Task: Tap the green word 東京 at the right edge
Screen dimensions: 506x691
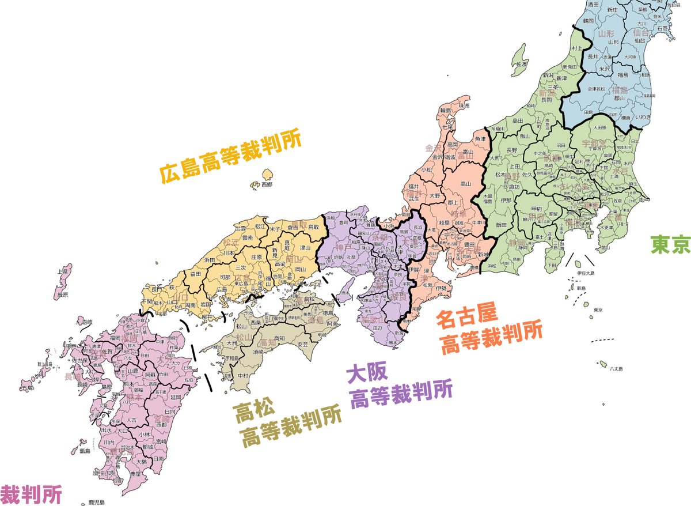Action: pyautogui.click(x=670, y=245)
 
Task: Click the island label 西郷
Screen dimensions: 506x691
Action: pyautogui.click(x=266, y=185)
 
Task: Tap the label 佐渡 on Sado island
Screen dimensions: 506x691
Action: pyautogui.click(x=522, y=63)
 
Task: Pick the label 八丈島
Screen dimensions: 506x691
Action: pyautogui.click(x=616, y=368)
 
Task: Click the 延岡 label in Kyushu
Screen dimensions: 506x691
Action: pyautogui.click(x=176, y=398)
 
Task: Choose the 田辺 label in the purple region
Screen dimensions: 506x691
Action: pyautogui.click(x=378, y=327)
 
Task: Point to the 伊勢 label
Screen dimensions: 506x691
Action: pyautogui.click(x=441, y=288)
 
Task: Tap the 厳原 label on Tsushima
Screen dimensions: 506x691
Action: pyautogui.click(x=63, y=294)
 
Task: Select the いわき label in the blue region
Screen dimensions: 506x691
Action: pyautogui.click(x=643, y=117)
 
